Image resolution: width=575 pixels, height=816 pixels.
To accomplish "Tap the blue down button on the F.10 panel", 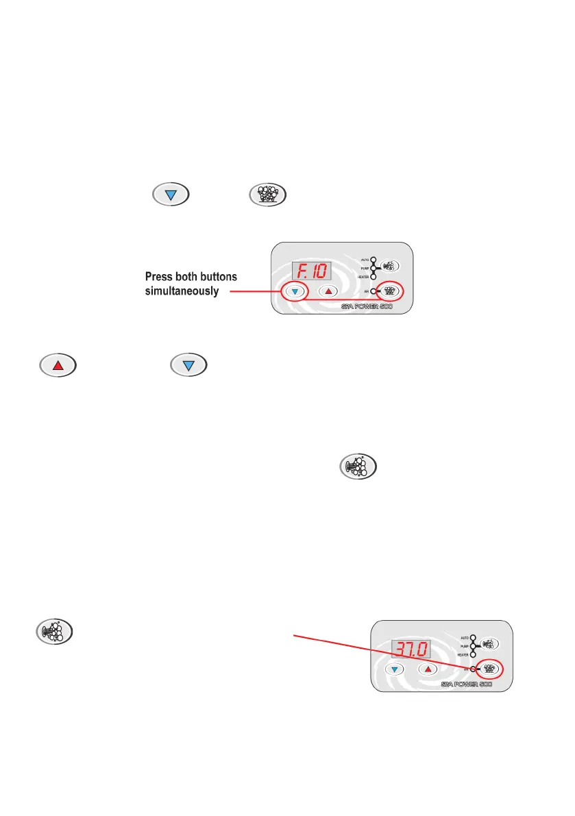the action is (295, 290).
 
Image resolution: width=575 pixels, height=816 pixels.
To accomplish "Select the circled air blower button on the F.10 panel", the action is (391, 290).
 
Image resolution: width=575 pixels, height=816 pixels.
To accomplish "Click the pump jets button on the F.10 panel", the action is (391, 266).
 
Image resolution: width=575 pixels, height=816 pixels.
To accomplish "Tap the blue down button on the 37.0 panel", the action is (395, 669).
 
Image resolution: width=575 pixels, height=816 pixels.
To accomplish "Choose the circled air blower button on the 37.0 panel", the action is (490, 668).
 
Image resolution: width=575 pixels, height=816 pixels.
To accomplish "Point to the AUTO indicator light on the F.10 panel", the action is (374, 260).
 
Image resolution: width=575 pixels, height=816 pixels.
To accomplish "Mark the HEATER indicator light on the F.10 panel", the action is (374, 276).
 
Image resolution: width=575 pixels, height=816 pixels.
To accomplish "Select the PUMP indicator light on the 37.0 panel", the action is (474, 646).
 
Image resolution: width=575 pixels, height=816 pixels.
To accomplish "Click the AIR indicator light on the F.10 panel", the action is (374, 290).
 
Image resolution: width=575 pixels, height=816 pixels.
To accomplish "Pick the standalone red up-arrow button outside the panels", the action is (58, 364).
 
